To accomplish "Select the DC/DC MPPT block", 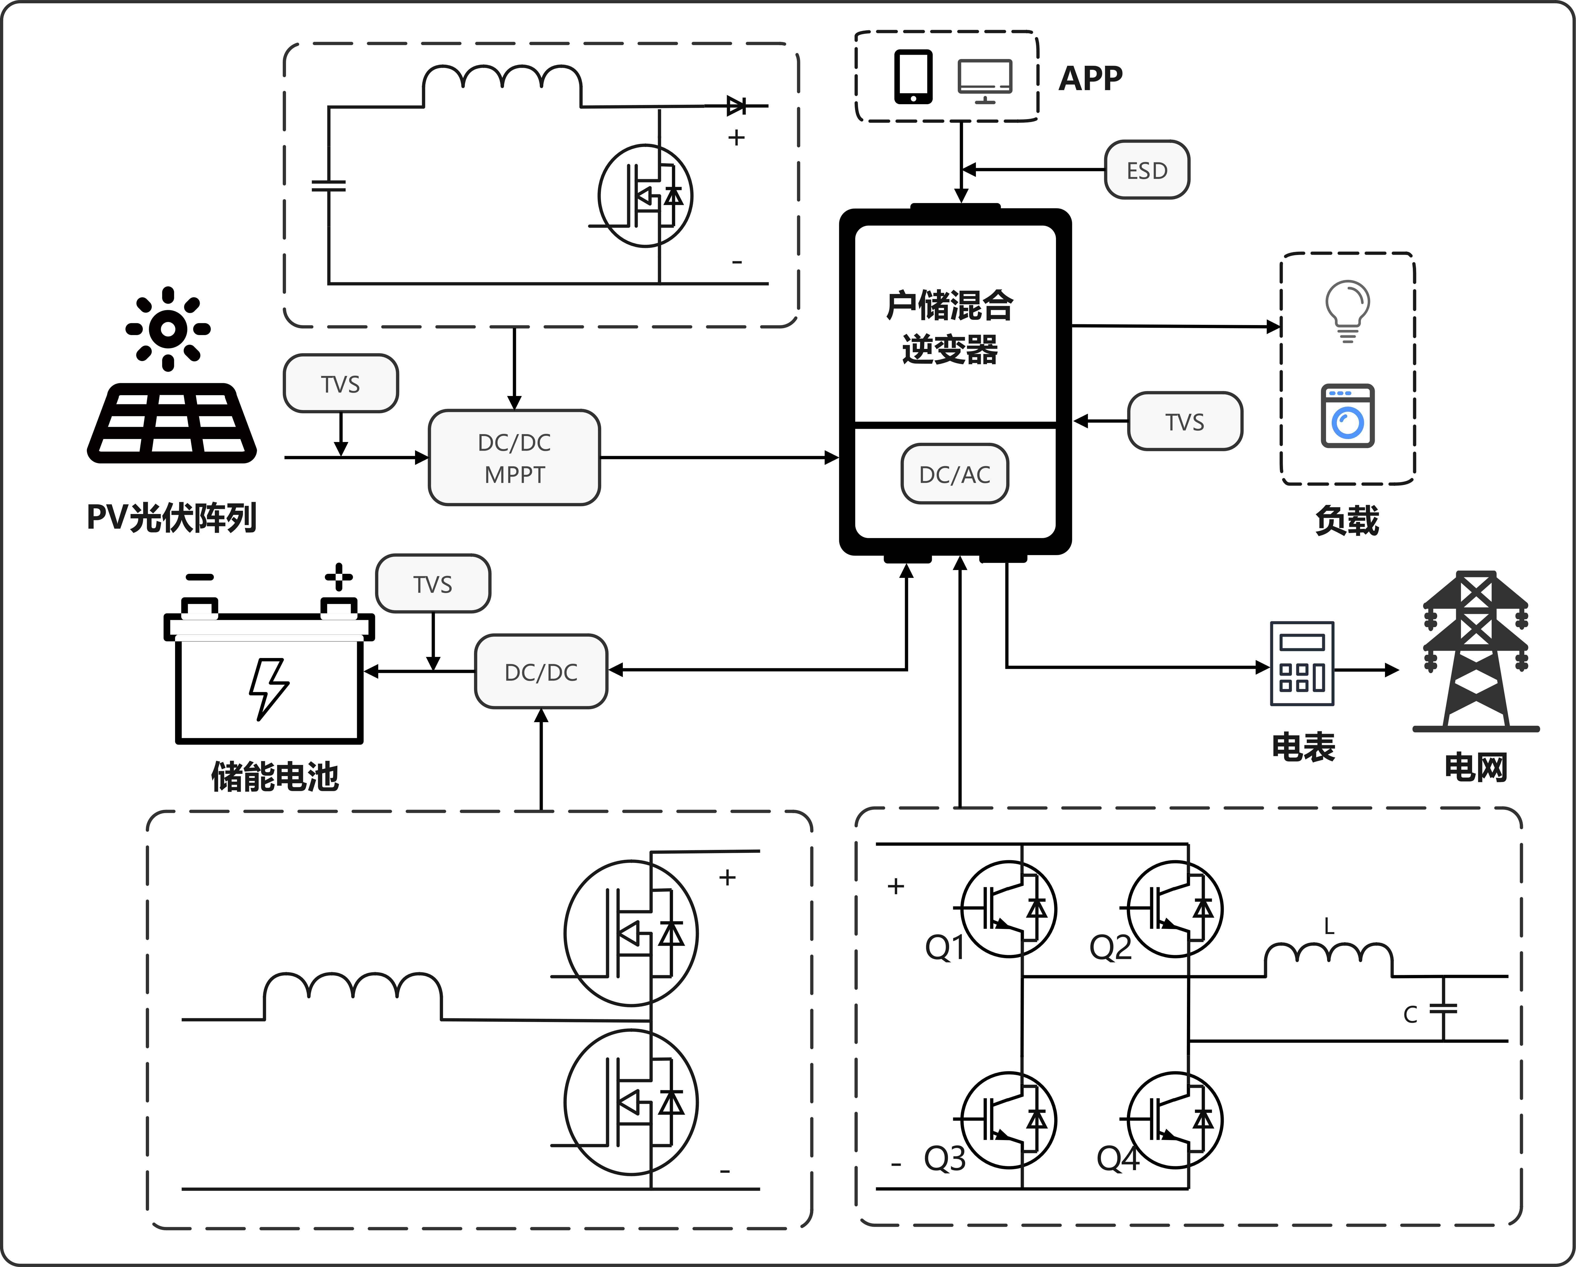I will (514, 458).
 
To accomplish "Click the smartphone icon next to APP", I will (913, 77).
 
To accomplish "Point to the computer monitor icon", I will (985, 80).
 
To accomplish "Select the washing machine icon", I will (1347, 416).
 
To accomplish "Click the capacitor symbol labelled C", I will (1443, 1009).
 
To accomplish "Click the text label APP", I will (1090, 78).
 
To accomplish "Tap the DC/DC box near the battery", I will (541, 671).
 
